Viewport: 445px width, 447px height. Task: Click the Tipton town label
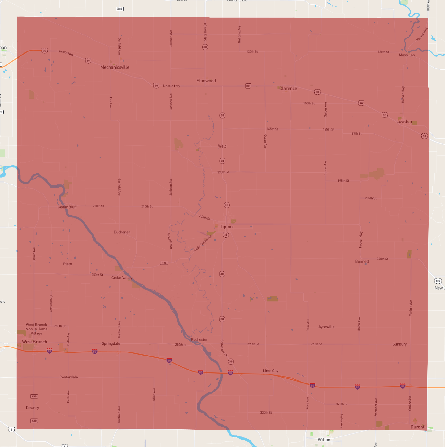[x=226, y=227]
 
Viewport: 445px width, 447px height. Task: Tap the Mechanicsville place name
[x=115, y=67]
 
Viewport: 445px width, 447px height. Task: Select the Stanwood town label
[x=206, y=81]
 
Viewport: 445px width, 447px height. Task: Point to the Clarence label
[x=288, y=89]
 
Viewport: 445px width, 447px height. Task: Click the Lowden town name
[x=404, y=122]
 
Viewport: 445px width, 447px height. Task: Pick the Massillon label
[x=407, y=55]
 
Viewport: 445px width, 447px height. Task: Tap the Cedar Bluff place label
[x=67, y=207]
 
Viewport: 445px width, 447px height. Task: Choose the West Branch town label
[x=34, y=342]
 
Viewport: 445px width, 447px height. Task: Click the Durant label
[x=417, y=427]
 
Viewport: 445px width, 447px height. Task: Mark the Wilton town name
[x=324, y=440]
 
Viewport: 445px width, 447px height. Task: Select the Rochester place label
[x=199, y=340]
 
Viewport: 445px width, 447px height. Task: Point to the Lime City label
[x=270, y=371]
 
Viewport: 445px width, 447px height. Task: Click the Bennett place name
[x=362, y=261]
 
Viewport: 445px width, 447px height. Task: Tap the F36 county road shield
[x=164, y=263]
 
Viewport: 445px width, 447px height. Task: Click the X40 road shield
[x=120, y=9]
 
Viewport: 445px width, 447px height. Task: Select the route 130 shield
[x=438, y=281]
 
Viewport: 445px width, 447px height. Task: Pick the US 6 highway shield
[x=11, y=429]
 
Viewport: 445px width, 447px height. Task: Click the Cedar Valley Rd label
[x=203, y=243]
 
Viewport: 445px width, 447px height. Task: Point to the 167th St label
[x=356, y=134]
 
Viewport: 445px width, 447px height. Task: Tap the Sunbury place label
[x=399, y=344]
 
